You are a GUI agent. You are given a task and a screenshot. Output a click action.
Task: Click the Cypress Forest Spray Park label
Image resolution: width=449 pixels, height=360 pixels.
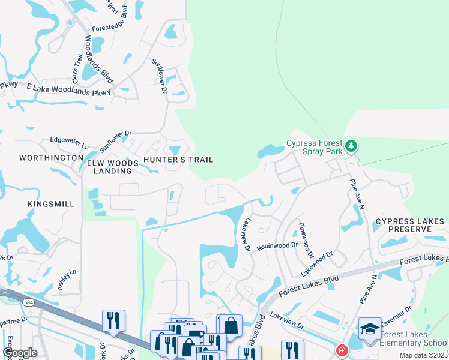(x=314, y=148)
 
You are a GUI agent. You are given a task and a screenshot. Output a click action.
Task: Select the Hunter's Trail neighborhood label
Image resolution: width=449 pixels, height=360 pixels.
(x=178, y=160)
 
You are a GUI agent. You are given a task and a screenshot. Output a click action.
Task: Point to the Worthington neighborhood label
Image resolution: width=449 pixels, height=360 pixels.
(x=51, y=158)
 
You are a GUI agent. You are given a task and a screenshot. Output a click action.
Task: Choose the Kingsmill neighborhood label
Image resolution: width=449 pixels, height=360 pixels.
(x=51, y=204)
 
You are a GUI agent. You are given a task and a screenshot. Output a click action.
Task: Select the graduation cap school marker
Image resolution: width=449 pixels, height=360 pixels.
(x=370, y=328)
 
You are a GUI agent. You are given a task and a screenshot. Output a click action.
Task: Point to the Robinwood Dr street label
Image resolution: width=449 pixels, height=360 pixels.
(x=277, y=246)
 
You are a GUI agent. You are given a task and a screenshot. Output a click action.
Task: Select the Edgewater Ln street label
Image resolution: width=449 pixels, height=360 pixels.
(x=69, y=146)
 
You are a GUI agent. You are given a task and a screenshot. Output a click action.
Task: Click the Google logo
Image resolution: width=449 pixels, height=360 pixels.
(x=20, y=353)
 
